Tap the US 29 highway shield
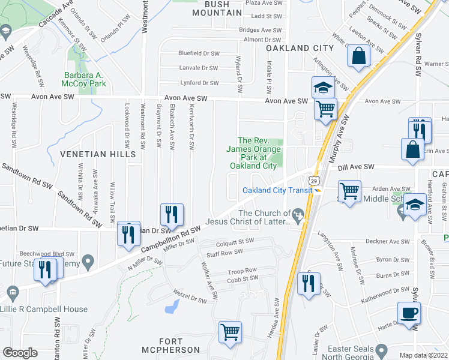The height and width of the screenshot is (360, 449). tap(313, 179)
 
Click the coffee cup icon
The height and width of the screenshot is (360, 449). tap(409, 314)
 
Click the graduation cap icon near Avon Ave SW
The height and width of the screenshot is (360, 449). tap(323, 88)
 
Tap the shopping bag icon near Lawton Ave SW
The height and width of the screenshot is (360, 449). tap(358, 56)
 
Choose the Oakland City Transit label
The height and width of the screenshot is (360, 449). tap(277, 190)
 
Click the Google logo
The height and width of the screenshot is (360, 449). tap(20, 352)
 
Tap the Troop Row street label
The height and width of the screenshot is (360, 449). tap(242, 271)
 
